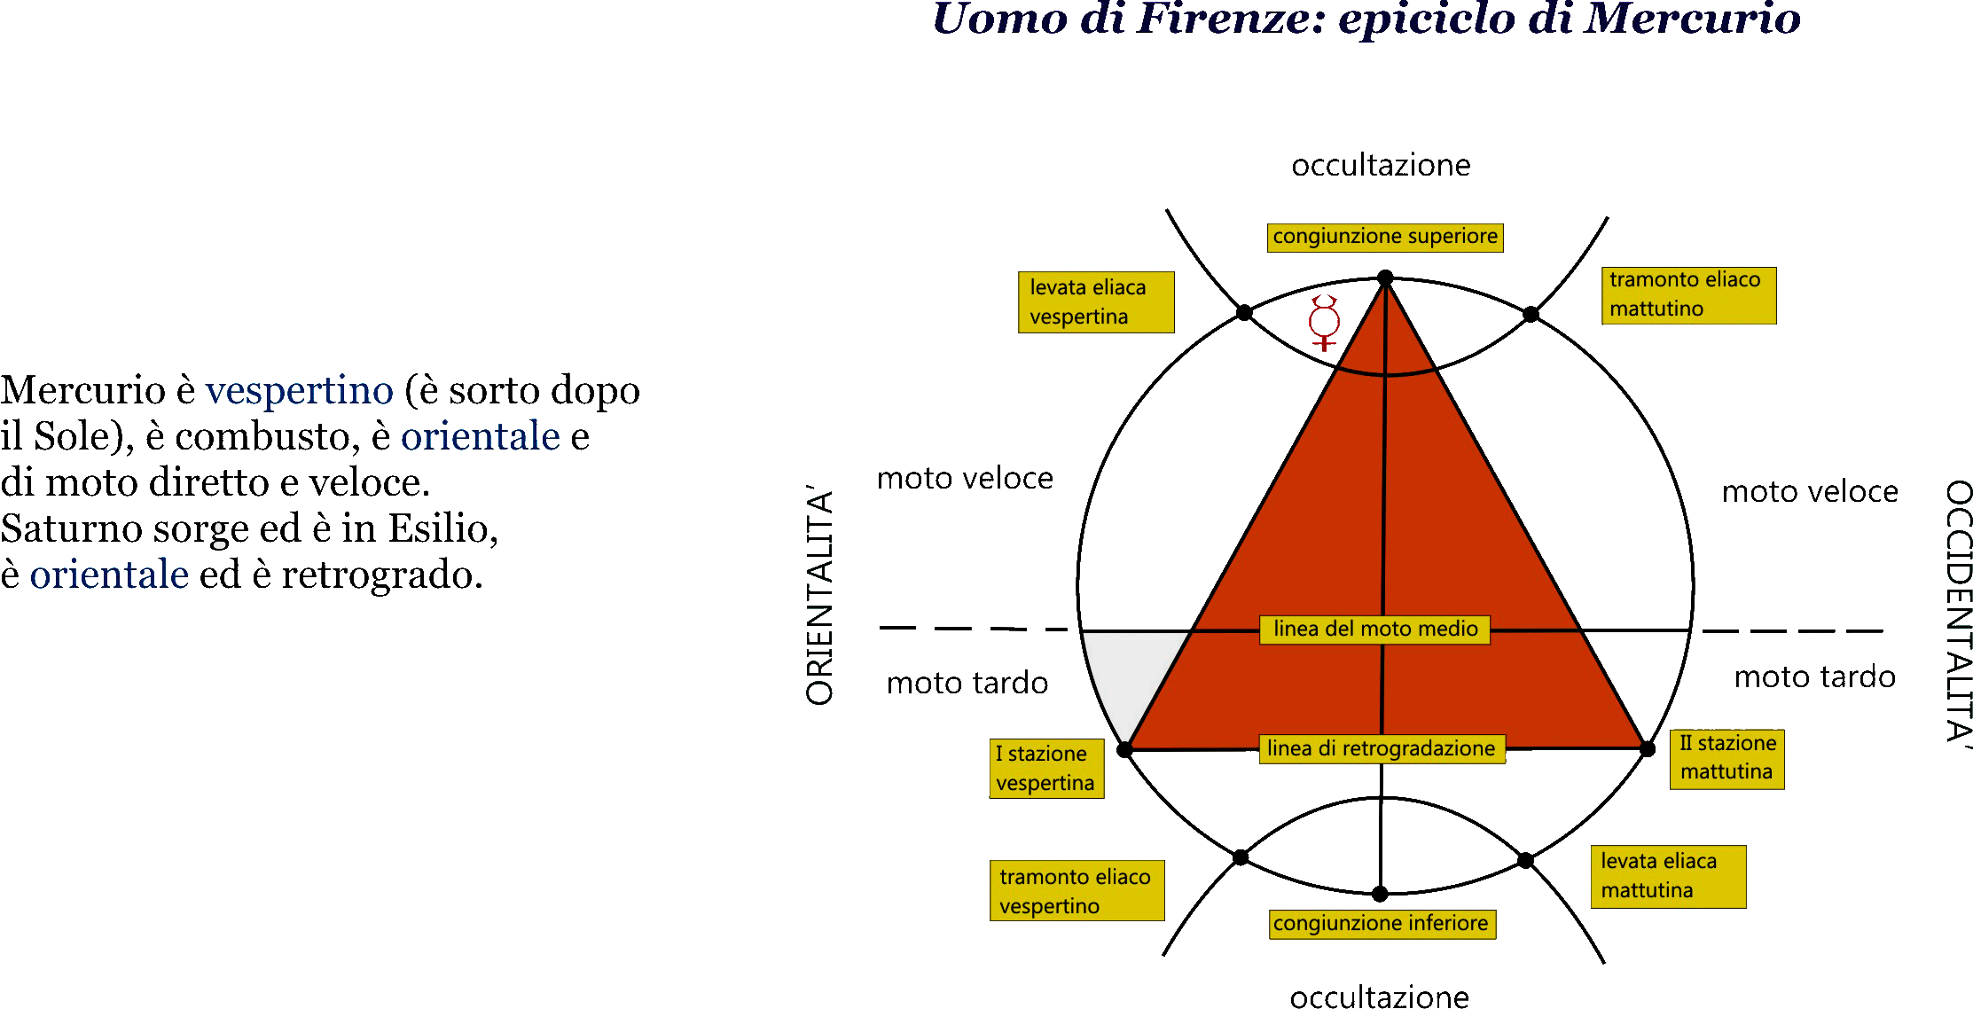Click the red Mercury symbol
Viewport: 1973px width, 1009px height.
pyautogui.click(x=1324, y=324)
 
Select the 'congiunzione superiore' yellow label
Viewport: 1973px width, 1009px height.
pyautogui.click(x=1385, y=238)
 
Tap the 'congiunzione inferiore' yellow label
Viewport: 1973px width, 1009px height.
pyautogui.click(x=1382, y=924)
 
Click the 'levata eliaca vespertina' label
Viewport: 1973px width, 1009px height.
pyautogui.click(x=1096, y=302)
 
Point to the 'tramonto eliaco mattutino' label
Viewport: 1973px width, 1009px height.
pyautogui.click(x=1688, y=295)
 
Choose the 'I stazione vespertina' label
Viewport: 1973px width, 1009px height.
pyautogui.click(x=1046, y=769)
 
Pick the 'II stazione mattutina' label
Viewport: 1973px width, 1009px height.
pyautogui.click(x=1726, y=759)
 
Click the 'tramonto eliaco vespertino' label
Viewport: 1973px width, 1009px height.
pyautogui.click(x=1077, y=891)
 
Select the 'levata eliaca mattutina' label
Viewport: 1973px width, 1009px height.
pyautogui.click(x=1668, y=877)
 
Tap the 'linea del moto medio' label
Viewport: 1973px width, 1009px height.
pyautogui.click(x=1375, y=630)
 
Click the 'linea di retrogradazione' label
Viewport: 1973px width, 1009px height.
pyautogui.click(x=1382, y=749)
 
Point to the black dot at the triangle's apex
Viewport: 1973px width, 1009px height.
pyautogui.click(x=1385, y=278)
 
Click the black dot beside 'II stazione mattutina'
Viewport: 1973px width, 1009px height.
pyautogui.click(x=1648, y=749)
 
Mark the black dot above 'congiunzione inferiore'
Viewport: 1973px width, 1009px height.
pyautogui.click(x=1380, y=894)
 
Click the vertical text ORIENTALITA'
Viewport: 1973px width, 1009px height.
pyautogui.click(x=820, y=595)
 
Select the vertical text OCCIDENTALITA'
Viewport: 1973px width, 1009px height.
pyautogui.click(x=1958, y=613)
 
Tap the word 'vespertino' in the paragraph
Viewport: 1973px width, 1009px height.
pyautogui.click(x=300, y=390)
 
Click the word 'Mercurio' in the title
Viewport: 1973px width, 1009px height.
pyautogui.click(x=1692, y=19)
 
